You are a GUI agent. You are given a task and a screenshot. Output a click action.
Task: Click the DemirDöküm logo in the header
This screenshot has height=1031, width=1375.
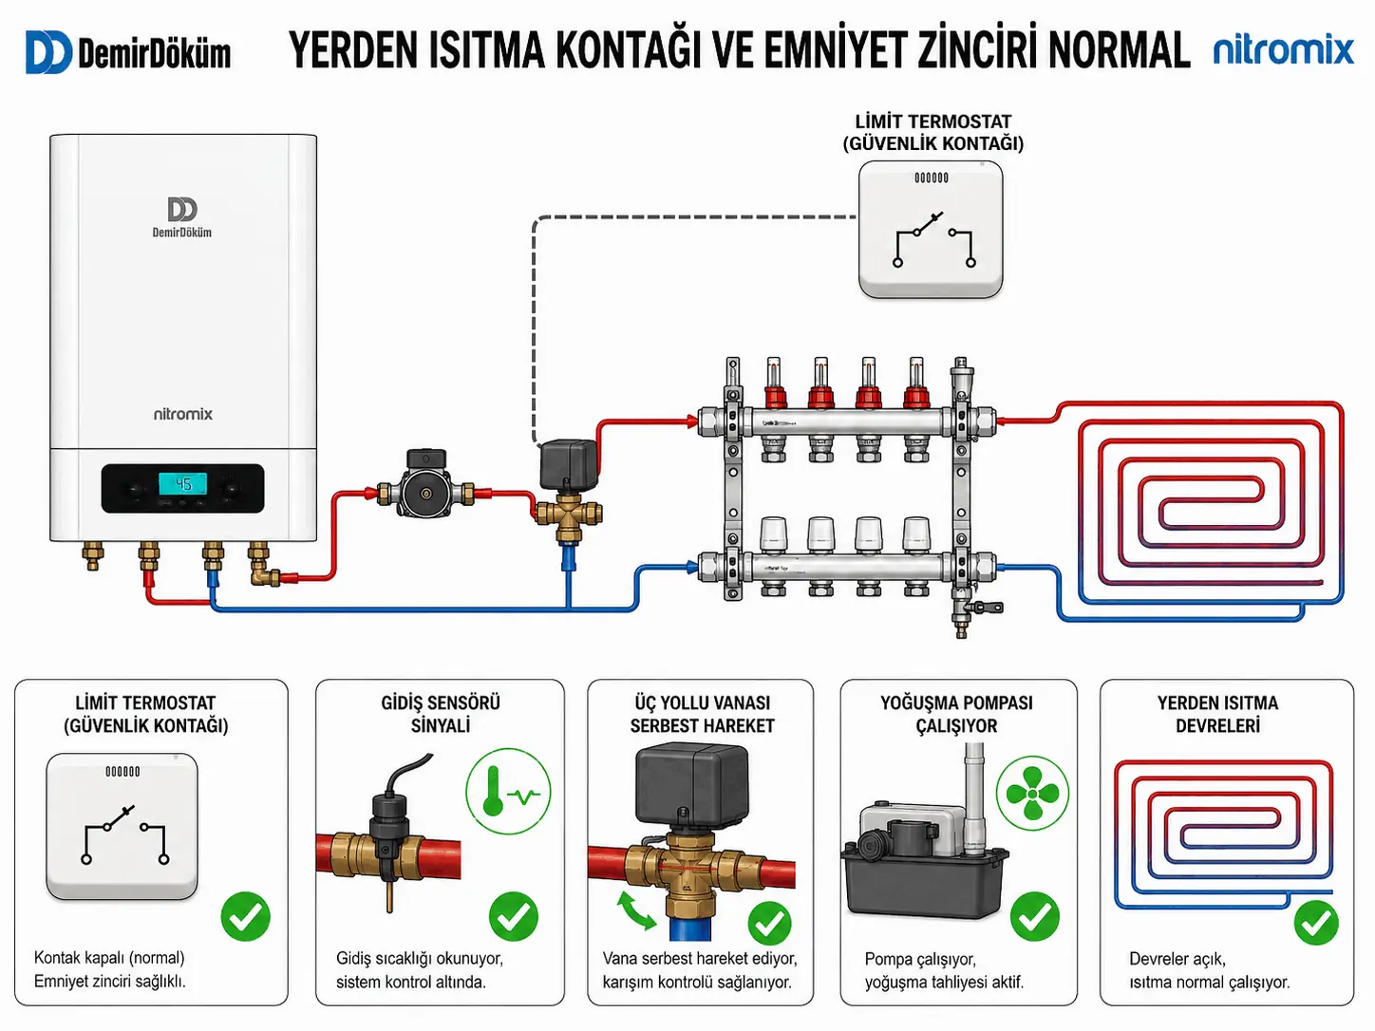pos(128,52)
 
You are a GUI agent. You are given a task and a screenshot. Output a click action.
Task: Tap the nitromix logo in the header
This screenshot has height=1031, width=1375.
pos(1284,50)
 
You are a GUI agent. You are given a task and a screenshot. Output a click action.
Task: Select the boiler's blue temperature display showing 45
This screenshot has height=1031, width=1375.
pos(183,483)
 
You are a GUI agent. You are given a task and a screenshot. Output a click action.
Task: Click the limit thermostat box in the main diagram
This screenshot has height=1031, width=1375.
pos(931,229)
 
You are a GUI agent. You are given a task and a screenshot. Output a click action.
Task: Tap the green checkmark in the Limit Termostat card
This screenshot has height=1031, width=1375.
pos(246,916)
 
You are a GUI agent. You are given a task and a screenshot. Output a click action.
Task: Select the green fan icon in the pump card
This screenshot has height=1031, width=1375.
pos(1032,793)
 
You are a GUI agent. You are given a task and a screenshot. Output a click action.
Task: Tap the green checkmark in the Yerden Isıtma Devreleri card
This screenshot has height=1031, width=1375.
pos(1316,923)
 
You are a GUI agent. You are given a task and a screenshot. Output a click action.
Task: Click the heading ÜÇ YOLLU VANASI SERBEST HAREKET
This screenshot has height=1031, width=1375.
pos(702,714)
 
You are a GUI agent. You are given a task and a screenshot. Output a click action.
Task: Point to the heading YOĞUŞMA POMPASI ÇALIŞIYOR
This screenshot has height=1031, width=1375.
pos(956,714)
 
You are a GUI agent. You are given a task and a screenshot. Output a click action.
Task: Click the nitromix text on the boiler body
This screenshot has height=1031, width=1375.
pos(183,414)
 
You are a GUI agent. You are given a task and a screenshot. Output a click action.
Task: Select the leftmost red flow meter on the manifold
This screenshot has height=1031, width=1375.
pos(774,383)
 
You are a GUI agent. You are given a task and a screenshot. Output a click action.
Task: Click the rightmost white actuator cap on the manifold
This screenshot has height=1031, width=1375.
pos(916,535)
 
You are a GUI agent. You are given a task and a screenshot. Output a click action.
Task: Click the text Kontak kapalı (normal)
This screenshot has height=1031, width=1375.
pos(109,958)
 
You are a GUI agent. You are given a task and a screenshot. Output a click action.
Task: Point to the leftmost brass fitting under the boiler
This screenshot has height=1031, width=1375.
pos(92,556)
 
